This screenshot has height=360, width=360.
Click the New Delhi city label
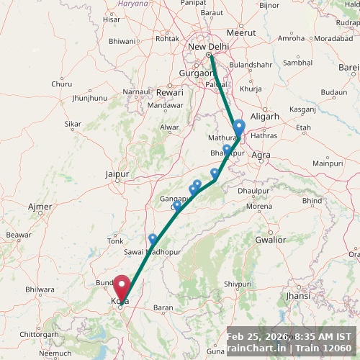click(x=208, y=47)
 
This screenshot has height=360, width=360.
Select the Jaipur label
click(x=117, y=174)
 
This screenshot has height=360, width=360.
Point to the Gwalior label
click(x=271, y=240)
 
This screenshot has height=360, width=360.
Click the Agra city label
click(x=261, y=155)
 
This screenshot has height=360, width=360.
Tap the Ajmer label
click(x=40, y=207)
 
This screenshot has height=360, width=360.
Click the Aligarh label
click(x=265, y=116)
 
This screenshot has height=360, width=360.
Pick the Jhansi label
click(x=297, y=295)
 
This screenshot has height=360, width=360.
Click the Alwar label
click(x=169, y=127)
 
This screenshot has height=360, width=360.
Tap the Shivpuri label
click(x=238, y=284)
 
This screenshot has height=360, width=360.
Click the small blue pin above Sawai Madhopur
click(x=153, y=238)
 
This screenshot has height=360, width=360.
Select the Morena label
click(x=259, y=206)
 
